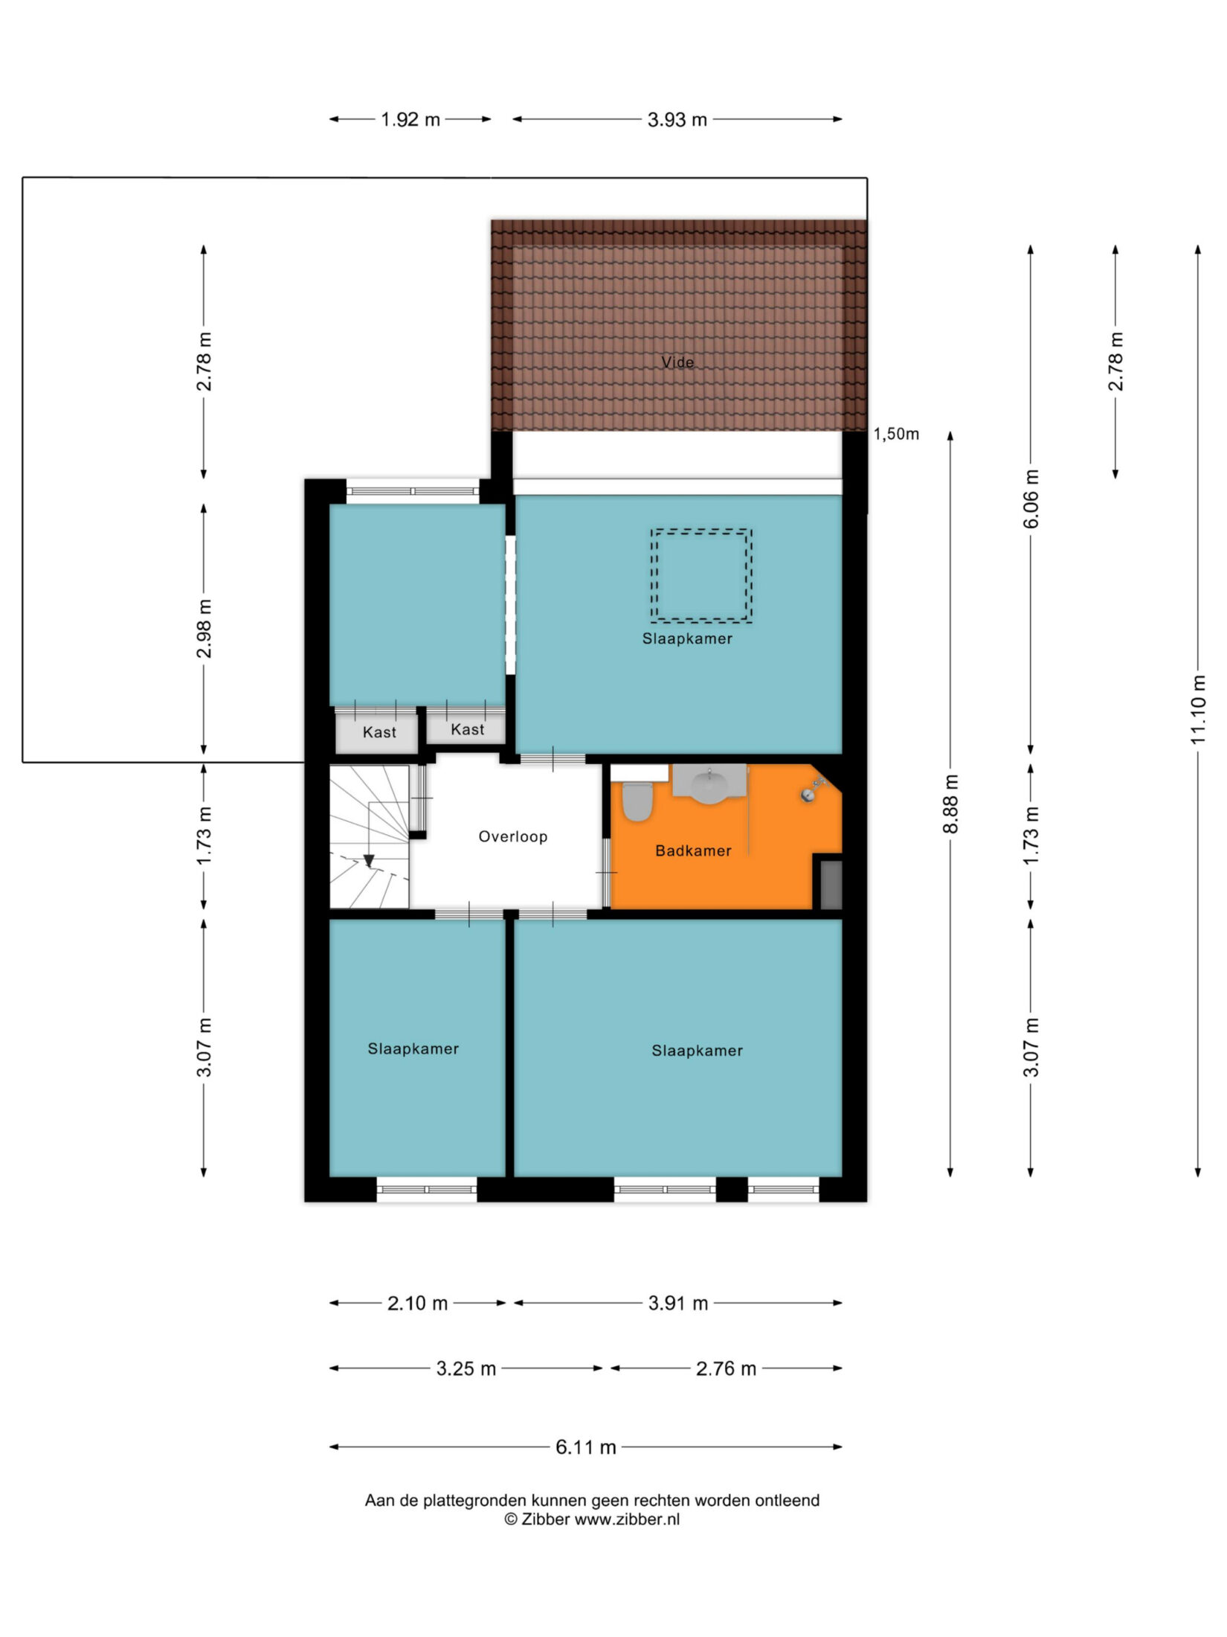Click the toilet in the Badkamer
tap(637, 801)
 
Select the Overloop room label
tap(513, 836)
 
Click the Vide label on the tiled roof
tap(678, 362)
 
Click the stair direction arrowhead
tap(369, 861)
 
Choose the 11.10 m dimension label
tap(1197, 710)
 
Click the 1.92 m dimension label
tap(410, 120)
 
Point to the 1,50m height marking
tap(896, 435)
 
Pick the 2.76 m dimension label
tap(726, 1368)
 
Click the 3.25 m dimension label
tap(466, 1368)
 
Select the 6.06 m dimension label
tap(1031, 499)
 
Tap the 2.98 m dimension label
tap(204, 629)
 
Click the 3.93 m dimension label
tap(677, 120)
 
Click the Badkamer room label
tap(693, 850)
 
